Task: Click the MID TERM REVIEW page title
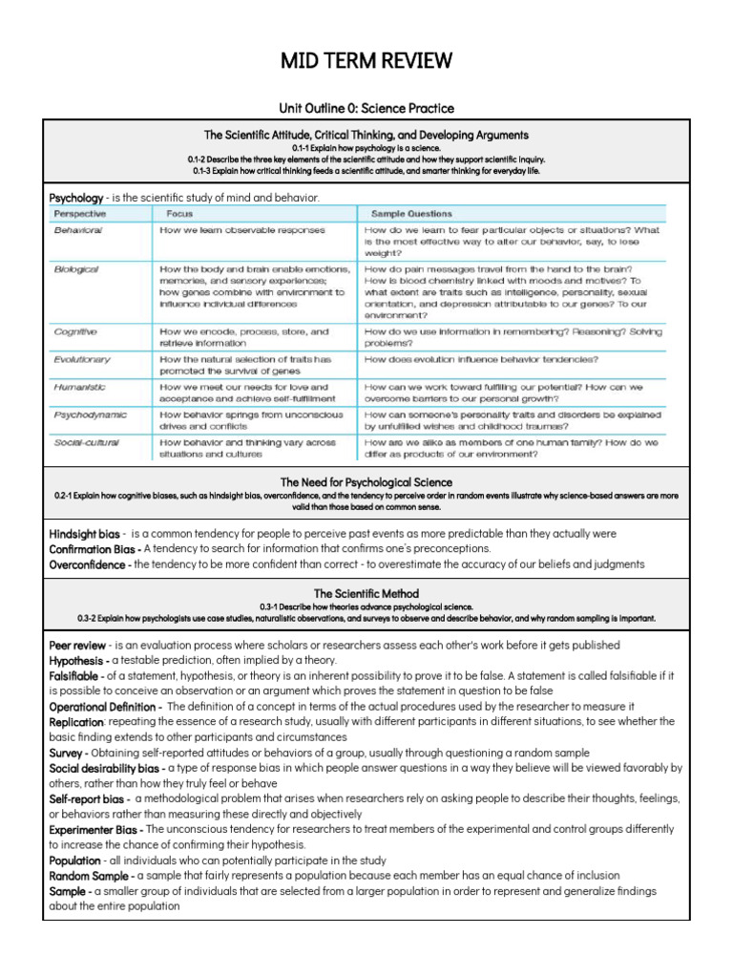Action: click(x=366, y=63)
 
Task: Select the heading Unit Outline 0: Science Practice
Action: click(x=366, y=109)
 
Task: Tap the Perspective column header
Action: click(x=80, y=214)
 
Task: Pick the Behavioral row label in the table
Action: click(x=78, y=230)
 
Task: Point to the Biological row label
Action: click(x=76, y=270)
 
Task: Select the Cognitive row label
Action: click(x=75, y=331)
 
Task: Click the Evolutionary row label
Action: click(x=82, y=359)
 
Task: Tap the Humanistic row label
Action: click(x=80, y=387)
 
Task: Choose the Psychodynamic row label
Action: click(x=90, y=415)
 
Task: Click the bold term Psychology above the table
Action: click(x=75, y=197)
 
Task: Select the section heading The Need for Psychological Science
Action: click(x=366, y=482)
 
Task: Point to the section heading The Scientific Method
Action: click(x=366, y=593)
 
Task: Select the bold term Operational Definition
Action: click(x=104, y=706)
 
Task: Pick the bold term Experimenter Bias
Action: click(x=94, y=829)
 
